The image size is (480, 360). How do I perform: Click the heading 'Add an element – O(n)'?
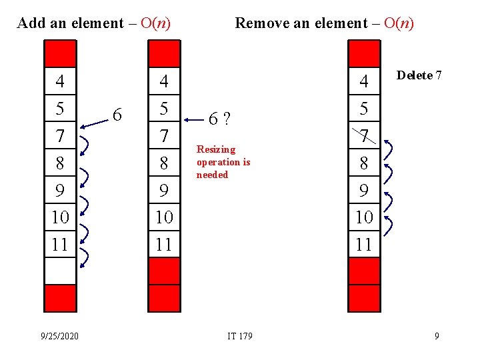94,23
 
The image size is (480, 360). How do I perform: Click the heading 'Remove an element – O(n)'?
325,23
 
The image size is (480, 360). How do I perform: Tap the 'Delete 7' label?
419,75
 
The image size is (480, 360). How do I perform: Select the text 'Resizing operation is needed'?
223,162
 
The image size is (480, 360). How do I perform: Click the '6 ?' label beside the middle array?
219,119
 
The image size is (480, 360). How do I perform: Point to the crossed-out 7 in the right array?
364,136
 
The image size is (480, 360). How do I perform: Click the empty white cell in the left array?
60,271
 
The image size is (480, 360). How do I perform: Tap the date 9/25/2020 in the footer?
59,336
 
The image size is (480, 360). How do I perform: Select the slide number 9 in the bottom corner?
437,336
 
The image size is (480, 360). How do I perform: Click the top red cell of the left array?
60,53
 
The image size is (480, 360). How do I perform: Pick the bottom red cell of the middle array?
163,298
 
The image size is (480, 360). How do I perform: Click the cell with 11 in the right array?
364,244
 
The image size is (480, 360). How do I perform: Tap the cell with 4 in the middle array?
163,81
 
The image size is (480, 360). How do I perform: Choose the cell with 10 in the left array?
60,217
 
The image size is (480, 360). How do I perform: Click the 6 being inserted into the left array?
117,115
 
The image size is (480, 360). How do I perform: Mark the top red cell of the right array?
364,53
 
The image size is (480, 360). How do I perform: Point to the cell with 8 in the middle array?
163,163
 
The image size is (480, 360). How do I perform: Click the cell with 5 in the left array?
60,108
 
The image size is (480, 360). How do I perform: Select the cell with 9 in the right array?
364,191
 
